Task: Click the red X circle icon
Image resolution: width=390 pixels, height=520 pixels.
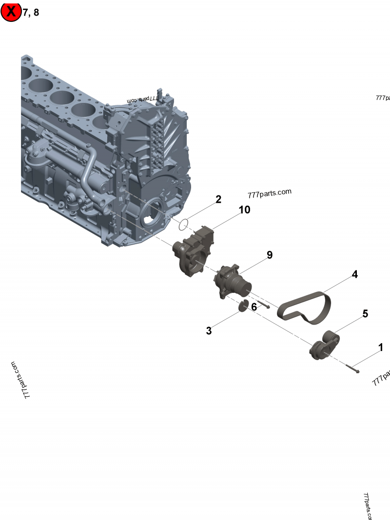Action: point(11,12)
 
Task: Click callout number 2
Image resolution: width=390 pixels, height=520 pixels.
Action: point(218,199)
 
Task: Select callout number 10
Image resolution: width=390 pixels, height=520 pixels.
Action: point(244,210)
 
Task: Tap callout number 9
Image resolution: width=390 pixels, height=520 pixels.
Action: point(269,255)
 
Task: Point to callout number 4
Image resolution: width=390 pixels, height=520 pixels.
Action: point(355,274)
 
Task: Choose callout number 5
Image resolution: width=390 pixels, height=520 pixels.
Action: point(365,314)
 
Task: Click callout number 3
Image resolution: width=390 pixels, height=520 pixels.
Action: point(209,331)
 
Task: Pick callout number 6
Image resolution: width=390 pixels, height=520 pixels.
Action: point(253,307)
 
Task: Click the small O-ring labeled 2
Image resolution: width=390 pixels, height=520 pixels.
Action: point(183,225)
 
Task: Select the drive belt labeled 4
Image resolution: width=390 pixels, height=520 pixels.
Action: point(305,308)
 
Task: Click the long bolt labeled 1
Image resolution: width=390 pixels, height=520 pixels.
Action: point(352,369)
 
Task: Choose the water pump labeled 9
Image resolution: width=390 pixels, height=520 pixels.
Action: point(233,282)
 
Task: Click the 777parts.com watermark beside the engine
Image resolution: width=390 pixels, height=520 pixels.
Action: point(269,193)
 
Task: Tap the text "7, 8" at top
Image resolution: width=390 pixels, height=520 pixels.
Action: point(31,13)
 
